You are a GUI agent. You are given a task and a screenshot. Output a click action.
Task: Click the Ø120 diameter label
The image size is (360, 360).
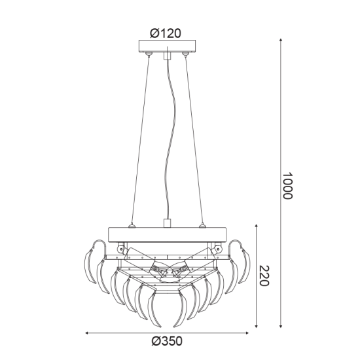pos(166,33)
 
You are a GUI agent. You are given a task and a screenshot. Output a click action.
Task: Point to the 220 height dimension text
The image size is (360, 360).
pos(264,276)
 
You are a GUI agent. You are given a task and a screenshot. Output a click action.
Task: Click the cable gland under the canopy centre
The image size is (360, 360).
pos(168,56)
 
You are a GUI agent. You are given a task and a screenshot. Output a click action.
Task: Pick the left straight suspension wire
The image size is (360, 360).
pos(141,141)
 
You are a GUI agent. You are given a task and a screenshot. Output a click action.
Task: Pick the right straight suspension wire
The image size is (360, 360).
pos(194,141)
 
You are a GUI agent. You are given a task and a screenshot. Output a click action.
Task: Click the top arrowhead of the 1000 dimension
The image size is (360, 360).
pos(281,41)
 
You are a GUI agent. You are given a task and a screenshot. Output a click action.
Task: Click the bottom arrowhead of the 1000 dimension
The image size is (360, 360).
pos(281,325)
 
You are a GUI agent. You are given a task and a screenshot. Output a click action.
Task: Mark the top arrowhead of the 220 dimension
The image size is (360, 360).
pos(255,226)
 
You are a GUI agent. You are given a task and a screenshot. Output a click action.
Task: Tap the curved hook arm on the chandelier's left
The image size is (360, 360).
pos(97,247)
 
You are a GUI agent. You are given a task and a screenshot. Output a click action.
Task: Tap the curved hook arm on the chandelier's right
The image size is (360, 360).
pos(238,247)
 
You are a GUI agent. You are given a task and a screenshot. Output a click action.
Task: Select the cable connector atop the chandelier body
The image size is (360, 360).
pos(168,224)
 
